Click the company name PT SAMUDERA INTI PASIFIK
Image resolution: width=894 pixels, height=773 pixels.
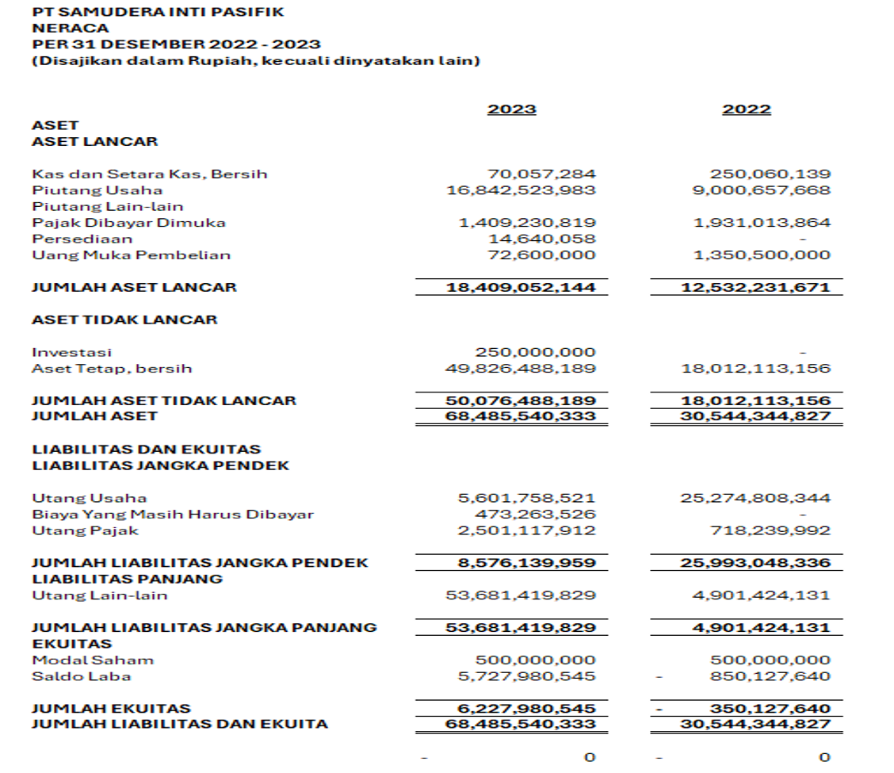(x=157, y=12)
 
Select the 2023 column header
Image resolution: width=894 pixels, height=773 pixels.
(x=511, y=109)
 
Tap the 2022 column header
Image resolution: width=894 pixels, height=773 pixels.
(x=746, y=109)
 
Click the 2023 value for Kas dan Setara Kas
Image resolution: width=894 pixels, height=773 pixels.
(x=541, y=174)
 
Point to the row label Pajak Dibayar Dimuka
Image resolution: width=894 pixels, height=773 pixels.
(x=128, y=223)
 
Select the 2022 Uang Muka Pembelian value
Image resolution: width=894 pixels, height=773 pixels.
(x=762, y=255)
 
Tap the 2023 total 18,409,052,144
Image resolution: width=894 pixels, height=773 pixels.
(x=521, y=287)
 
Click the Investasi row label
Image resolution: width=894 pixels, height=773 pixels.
(x=71, y=352)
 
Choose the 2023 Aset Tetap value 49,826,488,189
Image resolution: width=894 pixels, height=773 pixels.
(x=521, y=369)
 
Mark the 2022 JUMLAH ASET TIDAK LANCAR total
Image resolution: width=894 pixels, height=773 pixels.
(x=755, y=400)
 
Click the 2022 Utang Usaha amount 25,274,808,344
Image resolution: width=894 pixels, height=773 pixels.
(x=755, y=498)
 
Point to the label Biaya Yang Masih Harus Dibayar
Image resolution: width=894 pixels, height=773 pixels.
(x=172, y=515)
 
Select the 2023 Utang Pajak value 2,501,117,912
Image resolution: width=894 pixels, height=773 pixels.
(x=527, y=530)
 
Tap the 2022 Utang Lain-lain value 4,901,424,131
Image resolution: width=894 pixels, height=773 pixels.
(x=762, y=595)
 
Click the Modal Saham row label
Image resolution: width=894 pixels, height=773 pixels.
(x=93, y=660)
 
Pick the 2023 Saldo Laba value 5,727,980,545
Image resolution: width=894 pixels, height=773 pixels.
(x=527, y=676)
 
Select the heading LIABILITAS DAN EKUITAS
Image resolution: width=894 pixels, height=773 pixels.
(x=146, y=450)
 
